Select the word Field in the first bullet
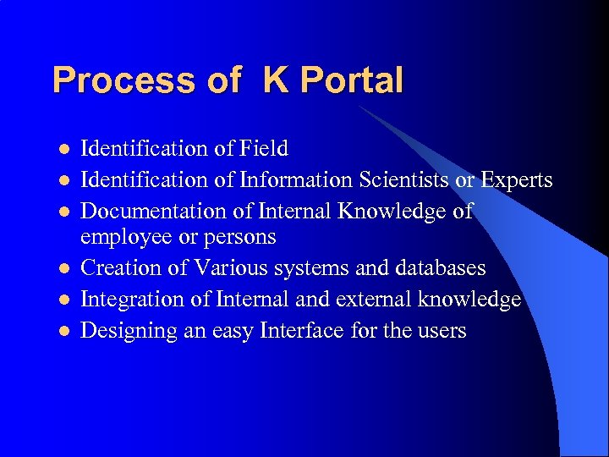(x=263, y=149)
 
